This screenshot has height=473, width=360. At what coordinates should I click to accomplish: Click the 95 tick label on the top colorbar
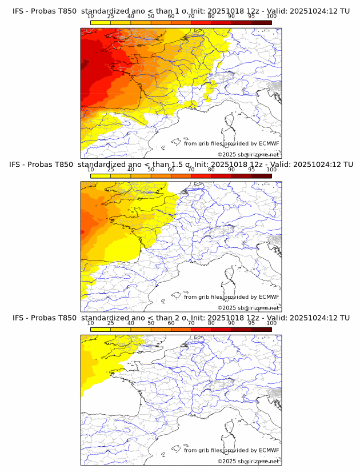251,16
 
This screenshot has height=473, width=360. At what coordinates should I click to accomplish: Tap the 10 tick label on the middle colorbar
90,170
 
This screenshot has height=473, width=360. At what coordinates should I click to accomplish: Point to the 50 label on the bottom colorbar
151,323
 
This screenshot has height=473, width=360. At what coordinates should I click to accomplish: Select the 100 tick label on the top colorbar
271,16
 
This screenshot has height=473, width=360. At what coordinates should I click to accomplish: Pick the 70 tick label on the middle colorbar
191,170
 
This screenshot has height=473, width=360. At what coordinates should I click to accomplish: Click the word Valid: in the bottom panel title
284,318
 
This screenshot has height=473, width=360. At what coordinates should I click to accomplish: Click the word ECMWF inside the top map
269,143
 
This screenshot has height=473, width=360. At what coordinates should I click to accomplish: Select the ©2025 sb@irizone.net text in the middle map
248,308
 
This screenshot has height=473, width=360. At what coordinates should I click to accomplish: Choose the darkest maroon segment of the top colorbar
261,22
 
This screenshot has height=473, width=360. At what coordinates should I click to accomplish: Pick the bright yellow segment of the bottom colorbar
100,330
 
